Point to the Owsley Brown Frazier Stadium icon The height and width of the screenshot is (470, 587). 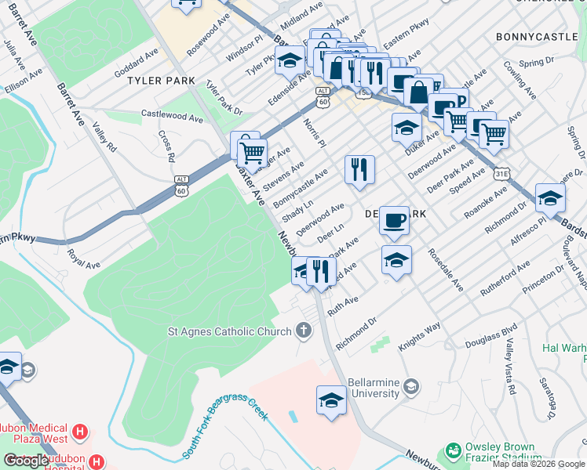click(x=452, y=451)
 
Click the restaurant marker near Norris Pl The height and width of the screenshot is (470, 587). click(x=359, y=169)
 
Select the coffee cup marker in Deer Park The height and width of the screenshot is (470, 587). click(x=394, y=219)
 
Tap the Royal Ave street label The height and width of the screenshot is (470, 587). click(x=84, y=258)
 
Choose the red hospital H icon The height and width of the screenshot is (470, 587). click(x=78, y=432)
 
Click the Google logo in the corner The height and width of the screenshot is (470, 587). click(x=26, y=460)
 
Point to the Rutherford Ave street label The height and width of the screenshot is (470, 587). click(x=506, y=277)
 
